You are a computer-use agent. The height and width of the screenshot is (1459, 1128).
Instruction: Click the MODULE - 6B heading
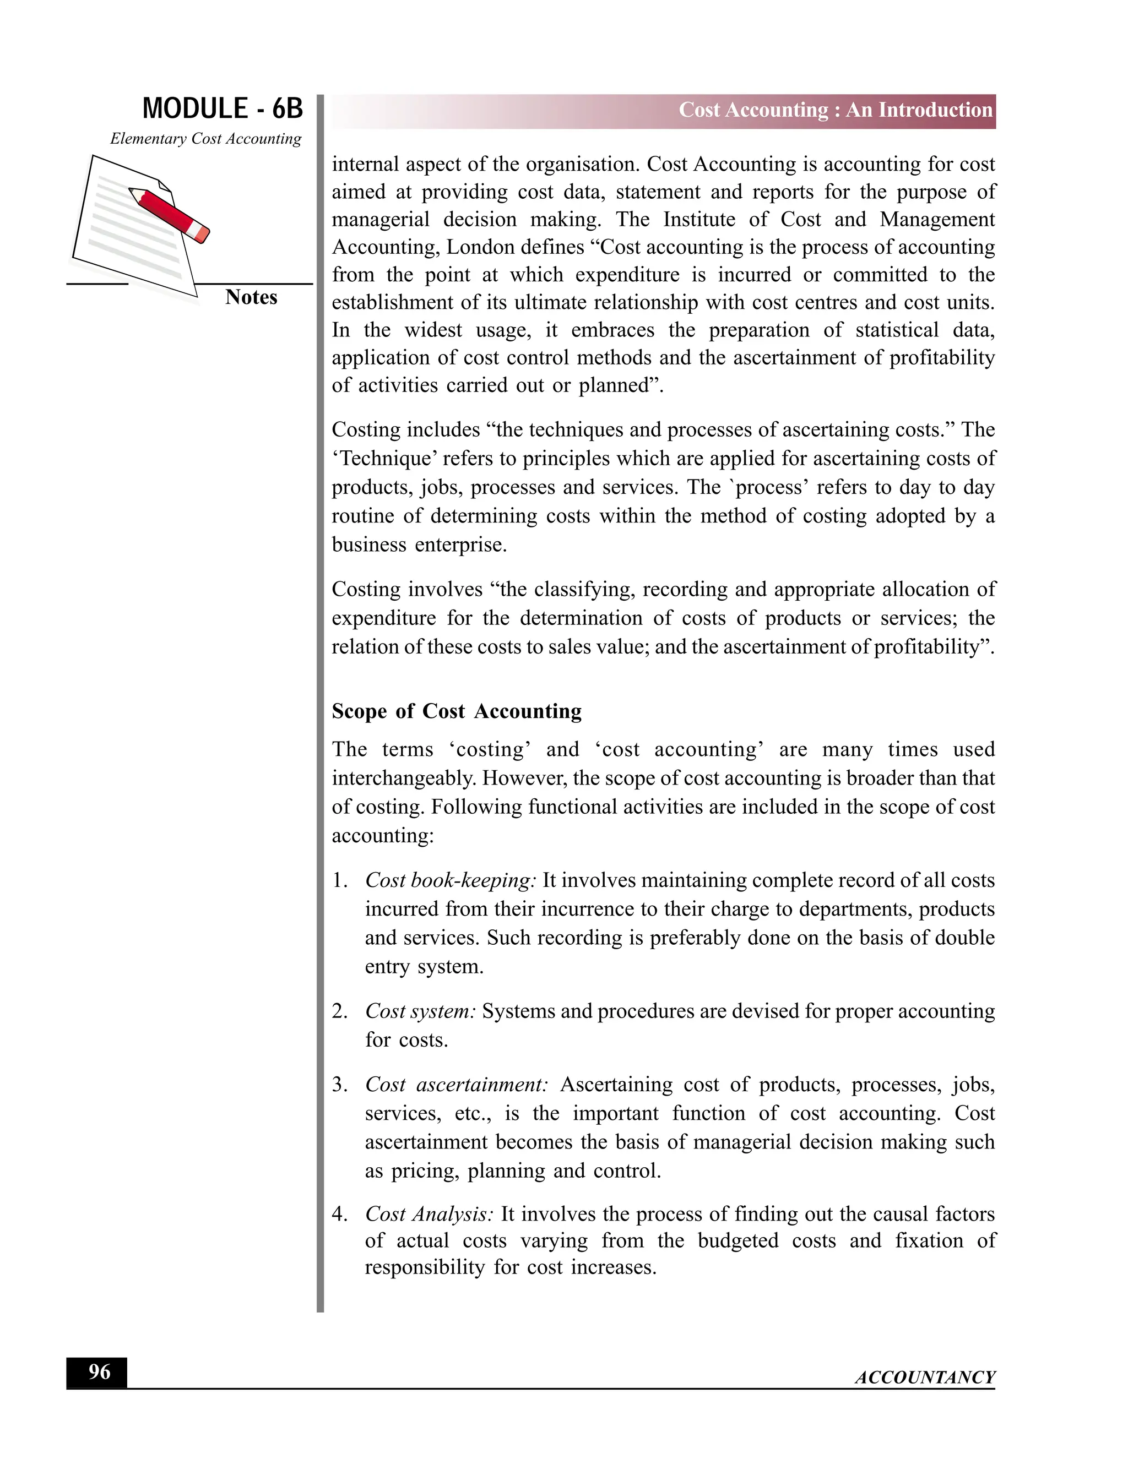coord(222,109)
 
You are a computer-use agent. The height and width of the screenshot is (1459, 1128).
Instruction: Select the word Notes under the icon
coord(251,297)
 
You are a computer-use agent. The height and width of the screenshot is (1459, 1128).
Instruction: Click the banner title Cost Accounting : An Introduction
coord(836,110)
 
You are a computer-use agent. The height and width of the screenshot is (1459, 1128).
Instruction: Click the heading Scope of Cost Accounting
coord(457,711)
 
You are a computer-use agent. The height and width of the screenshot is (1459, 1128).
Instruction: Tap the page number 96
coord(99,1371)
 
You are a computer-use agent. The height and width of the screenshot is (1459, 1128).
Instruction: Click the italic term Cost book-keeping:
coord(451,880)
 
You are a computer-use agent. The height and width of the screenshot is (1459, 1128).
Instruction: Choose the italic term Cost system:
coord(420,1011)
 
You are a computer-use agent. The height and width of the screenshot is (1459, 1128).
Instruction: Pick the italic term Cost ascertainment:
coord(457,1084)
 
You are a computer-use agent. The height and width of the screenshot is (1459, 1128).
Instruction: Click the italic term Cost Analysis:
coord(429,1214)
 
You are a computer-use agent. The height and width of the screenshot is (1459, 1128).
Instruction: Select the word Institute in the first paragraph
coord(699,220)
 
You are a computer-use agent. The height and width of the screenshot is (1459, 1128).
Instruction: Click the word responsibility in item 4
coord(424,1267)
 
